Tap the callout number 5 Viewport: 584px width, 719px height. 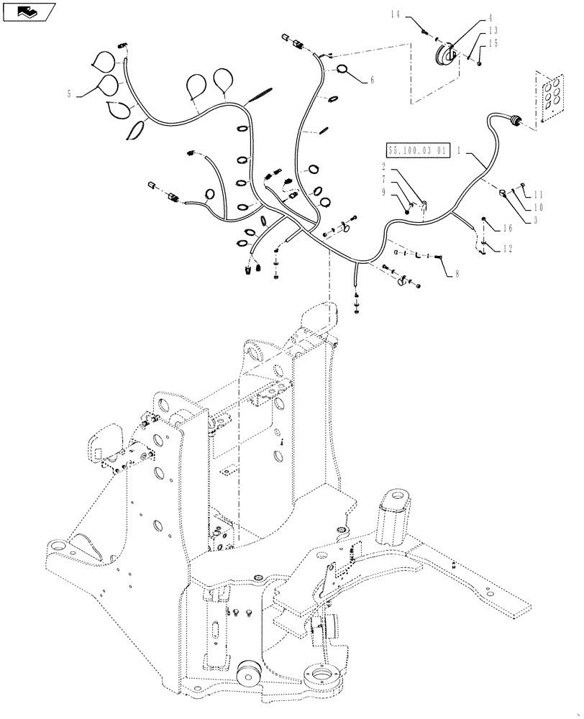[69, 94]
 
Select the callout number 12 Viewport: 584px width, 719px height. [508, 249]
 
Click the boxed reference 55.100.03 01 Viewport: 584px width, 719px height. [418, 151]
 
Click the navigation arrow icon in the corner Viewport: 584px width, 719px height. [28, 11]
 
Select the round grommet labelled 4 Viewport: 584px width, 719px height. [443, 56]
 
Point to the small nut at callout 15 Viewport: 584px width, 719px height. [478, 64]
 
